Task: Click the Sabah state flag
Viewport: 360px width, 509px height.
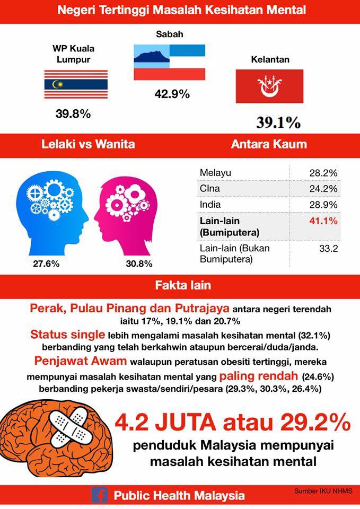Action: (x=170, y=63)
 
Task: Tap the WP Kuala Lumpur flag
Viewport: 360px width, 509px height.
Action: (x=76, y=84)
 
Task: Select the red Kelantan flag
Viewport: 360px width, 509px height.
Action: (x=269, y=86)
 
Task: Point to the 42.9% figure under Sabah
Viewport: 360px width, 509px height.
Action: (x=172, y=94)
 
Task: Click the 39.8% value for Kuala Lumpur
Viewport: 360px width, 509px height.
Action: (x=73, y=114)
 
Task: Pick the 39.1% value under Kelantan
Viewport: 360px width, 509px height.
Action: (x=278, y=122)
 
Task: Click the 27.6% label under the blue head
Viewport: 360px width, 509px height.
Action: (x=46, y=264)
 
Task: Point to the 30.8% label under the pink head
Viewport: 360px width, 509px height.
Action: (x=139, y=264)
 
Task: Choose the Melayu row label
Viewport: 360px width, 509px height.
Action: (x=215, y=173)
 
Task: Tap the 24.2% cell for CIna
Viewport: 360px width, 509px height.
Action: (x=323, y=189)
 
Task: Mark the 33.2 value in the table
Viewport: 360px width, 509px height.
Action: (x=329, y=249)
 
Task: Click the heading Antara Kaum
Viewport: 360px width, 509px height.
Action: (x=269, y=144)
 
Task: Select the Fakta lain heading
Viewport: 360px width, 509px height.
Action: (x=183, y=285)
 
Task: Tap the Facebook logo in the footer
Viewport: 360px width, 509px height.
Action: (x=99, y=496)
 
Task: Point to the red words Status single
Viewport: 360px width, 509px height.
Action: (x=67, y=335)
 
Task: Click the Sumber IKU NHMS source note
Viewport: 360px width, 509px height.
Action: (x=323, y=491)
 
